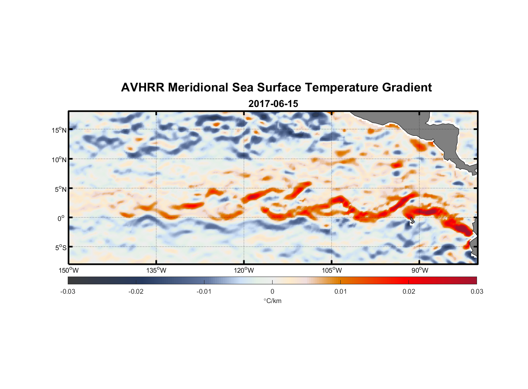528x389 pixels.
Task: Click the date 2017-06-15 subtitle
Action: (273, 104)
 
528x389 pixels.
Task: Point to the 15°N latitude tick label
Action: (59, 130)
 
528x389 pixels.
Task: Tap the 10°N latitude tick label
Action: (59, 159)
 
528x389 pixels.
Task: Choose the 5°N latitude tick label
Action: (60, 189)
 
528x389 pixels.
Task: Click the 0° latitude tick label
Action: (61, 218)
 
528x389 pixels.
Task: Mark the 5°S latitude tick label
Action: (60, 248)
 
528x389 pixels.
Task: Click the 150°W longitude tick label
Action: (69, 270)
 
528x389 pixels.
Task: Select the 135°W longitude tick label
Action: (157, 270)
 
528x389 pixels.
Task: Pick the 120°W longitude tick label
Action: (244, 270)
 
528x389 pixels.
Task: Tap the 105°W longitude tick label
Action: (332, 270)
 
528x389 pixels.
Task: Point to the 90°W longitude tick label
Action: (420, 270)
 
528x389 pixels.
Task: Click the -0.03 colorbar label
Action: (68, 291)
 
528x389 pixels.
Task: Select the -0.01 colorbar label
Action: (204, 291)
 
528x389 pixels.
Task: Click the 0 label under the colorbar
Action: (272, 291)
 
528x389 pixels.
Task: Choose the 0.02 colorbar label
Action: (409, 291)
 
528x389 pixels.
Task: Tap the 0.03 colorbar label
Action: (477, 291)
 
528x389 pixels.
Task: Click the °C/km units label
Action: (273, 301)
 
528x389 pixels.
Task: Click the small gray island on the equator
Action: (412, 221)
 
